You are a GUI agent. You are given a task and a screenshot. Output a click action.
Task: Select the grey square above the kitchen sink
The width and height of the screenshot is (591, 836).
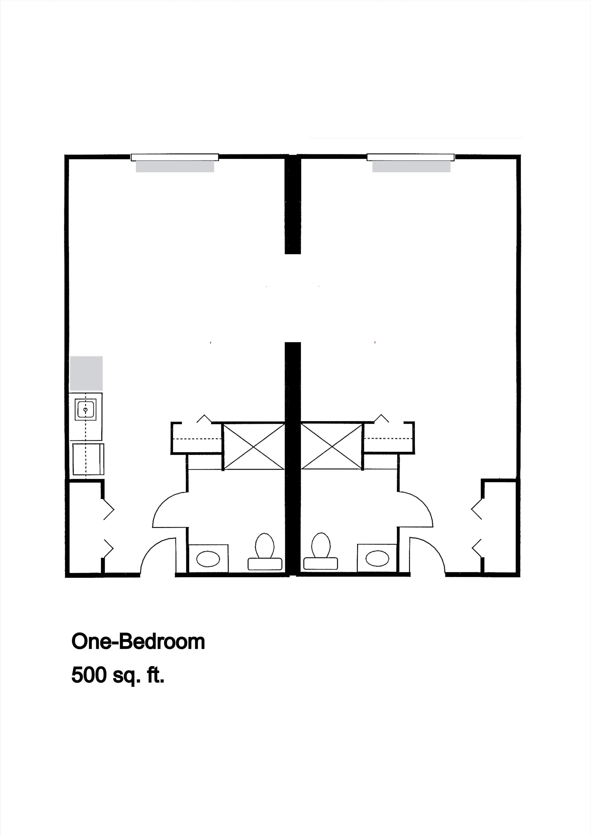[x=86, y=373]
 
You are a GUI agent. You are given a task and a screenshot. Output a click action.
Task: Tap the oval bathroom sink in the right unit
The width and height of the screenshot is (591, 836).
[x=377, y=558]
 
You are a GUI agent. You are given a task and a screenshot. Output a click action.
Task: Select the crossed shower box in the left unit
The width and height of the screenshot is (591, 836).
[x=253, y=446]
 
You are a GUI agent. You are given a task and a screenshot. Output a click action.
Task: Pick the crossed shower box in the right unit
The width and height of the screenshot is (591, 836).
[x=331, y=446]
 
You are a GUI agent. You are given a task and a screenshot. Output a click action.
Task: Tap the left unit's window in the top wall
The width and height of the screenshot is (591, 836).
[x=175, y=157]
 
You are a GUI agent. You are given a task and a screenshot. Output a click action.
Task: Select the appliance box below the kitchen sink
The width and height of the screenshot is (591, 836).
[x=88, y=459]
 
